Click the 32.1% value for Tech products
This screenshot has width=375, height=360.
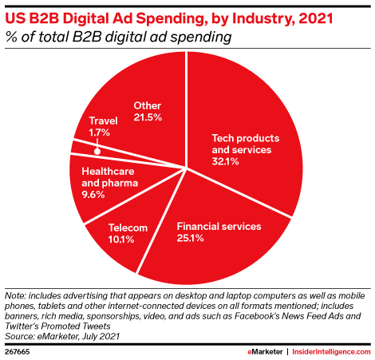point(225,161)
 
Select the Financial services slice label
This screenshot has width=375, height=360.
point(219,227)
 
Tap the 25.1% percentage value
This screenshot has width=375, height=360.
point(190,238)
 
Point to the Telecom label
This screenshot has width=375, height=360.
point(128,227)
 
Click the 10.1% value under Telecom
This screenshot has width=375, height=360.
point(121,239)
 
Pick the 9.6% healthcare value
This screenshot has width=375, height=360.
point(93,195)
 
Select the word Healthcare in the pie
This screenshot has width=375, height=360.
point(108,172)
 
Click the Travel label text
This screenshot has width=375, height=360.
point(103,121)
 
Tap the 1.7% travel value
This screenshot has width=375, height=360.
point(99,133)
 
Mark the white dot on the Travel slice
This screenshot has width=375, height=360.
point(97,152)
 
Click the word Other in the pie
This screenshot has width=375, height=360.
point(148,105)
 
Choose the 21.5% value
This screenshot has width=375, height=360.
point(148,117)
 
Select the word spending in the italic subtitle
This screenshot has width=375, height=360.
point(201,37)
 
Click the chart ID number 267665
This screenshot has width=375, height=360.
point(17,352)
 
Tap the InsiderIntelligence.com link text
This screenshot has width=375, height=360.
point(331,352)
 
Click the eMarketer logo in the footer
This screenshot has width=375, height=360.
point(265,352)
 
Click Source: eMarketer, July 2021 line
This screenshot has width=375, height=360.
point(62,336)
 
